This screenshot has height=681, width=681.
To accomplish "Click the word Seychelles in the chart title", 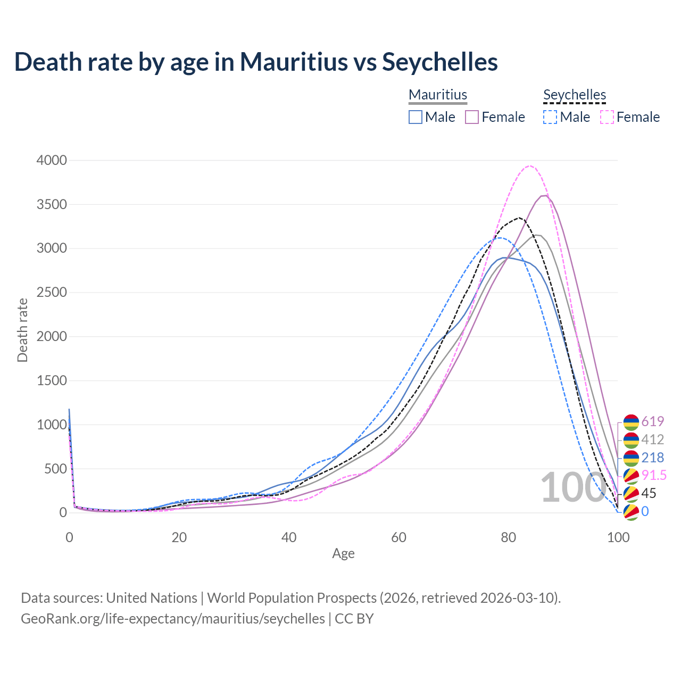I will click(x=440, y=62).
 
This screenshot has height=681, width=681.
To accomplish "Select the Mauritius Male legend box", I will click(x=416, y=117).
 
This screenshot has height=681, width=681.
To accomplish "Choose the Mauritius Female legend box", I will click(x=472, y=117).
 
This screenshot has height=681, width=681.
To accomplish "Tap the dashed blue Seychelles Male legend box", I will click(x=550, y=117).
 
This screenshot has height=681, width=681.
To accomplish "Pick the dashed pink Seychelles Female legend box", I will click(x=607, y=117).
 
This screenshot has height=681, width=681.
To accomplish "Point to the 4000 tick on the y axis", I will click(x=52, y=160).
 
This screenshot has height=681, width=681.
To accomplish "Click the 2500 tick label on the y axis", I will click(x=52, y=293).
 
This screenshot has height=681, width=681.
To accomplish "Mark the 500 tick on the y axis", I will click(x=55, y=469).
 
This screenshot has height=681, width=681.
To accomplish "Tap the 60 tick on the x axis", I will click(x=398, y=537).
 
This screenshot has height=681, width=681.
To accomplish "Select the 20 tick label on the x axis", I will click(x=179, y=537).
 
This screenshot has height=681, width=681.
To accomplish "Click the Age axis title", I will click(x=343, y=553).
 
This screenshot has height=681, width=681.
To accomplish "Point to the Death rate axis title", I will click(x=22, y=330).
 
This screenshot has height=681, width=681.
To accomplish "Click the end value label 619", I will click(x=653, y=421).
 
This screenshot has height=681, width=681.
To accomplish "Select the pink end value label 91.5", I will click(x=654, y=475).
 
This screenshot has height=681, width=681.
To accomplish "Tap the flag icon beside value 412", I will click(x=631, y=440).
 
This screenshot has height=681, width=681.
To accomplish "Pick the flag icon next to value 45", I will click(x=631, y=494).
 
